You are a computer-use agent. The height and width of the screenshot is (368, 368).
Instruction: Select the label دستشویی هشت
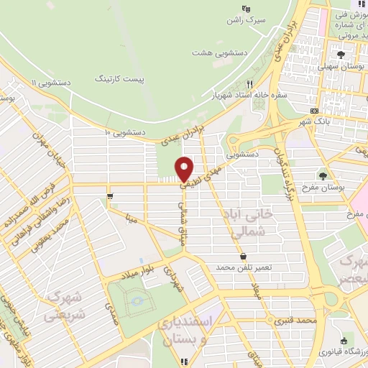pyautogui.click(x=215, y=52)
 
